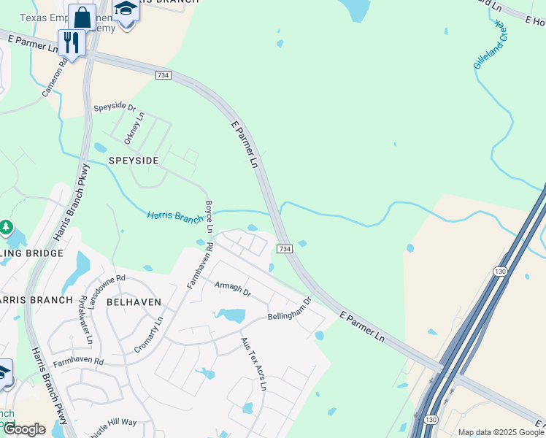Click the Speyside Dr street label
(115, 107)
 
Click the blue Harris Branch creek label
(175, 216)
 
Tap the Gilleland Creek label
(490, 45)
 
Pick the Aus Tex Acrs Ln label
(254, 364)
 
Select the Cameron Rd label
(55, 78)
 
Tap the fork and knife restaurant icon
(72, 42)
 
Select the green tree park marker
(6, 227)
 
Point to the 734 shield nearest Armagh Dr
(285, 249)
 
